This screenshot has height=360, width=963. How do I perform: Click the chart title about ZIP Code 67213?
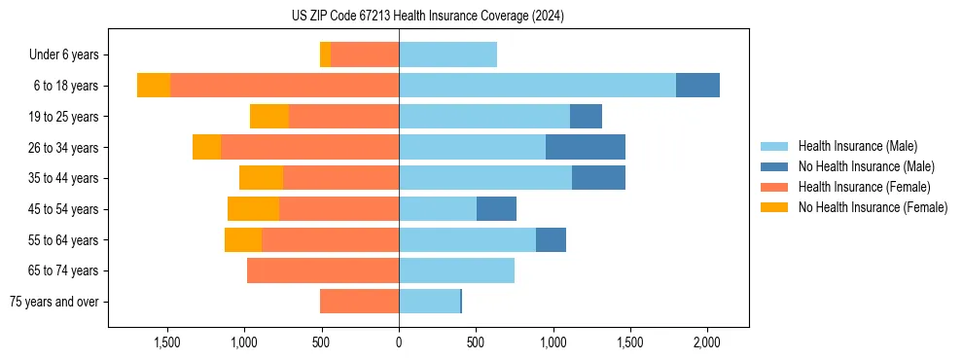(x=427, y=17)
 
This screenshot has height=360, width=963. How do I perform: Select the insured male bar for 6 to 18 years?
(x=537, y=86)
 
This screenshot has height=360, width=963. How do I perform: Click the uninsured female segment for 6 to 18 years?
(x=154, y=86)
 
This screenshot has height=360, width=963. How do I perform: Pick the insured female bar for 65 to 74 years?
(x=323, y=270)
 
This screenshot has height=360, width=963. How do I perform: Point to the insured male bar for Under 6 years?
(x=447, y=54)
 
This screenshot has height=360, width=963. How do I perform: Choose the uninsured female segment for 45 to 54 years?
(x=253, y=209)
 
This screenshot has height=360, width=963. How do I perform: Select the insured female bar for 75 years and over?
(x=359, y=302)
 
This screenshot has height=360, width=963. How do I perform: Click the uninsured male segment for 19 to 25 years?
(x=586, y=117)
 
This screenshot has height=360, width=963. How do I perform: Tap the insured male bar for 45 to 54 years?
(x=438, y=209)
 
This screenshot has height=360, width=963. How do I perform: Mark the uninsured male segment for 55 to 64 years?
(x=551, y=239)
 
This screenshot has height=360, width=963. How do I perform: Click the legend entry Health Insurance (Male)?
(x=857, y=146)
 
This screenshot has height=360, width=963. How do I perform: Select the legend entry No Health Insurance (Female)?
(x=873, y=207)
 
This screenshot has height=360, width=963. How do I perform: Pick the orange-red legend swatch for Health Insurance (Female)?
(x=774, y=187)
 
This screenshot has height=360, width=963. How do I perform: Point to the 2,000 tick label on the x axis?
(x=706, y=342)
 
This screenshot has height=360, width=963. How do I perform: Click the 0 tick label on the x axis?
(x=399, y=342)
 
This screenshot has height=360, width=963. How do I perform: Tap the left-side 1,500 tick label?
(x=167, y=342)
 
